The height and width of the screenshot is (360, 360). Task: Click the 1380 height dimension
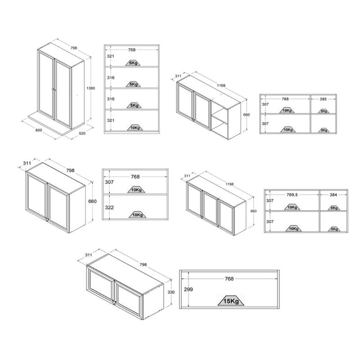pos(91,88)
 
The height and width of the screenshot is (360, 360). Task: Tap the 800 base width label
pos(39,130)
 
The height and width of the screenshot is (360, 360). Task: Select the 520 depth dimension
pos(82,133)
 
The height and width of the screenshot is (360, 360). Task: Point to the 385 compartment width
pos(323,99)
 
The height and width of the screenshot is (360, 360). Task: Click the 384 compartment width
pos(333,195)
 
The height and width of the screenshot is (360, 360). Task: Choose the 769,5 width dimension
pos(292,195)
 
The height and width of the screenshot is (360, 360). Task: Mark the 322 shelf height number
pos(109,207)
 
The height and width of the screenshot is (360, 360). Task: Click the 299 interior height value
pos(188,289)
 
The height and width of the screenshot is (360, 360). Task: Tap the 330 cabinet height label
pos(171,292)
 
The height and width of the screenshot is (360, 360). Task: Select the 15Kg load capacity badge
pos(231,301)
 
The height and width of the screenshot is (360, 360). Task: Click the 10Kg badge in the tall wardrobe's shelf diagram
pos(135,128)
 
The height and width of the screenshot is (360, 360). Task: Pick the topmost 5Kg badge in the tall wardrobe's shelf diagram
pos(133,63)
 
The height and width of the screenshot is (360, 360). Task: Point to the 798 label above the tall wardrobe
pos(74,48)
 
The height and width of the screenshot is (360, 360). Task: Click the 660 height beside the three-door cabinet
pos(253,211)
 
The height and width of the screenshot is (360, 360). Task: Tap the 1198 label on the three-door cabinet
pos(229,184)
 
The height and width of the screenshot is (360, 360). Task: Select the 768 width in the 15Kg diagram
pos(229,279)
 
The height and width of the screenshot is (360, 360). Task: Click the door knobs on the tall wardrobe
pos(54,90)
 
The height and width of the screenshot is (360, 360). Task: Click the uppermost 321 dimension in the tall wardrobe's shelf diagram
pos(110,56)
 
